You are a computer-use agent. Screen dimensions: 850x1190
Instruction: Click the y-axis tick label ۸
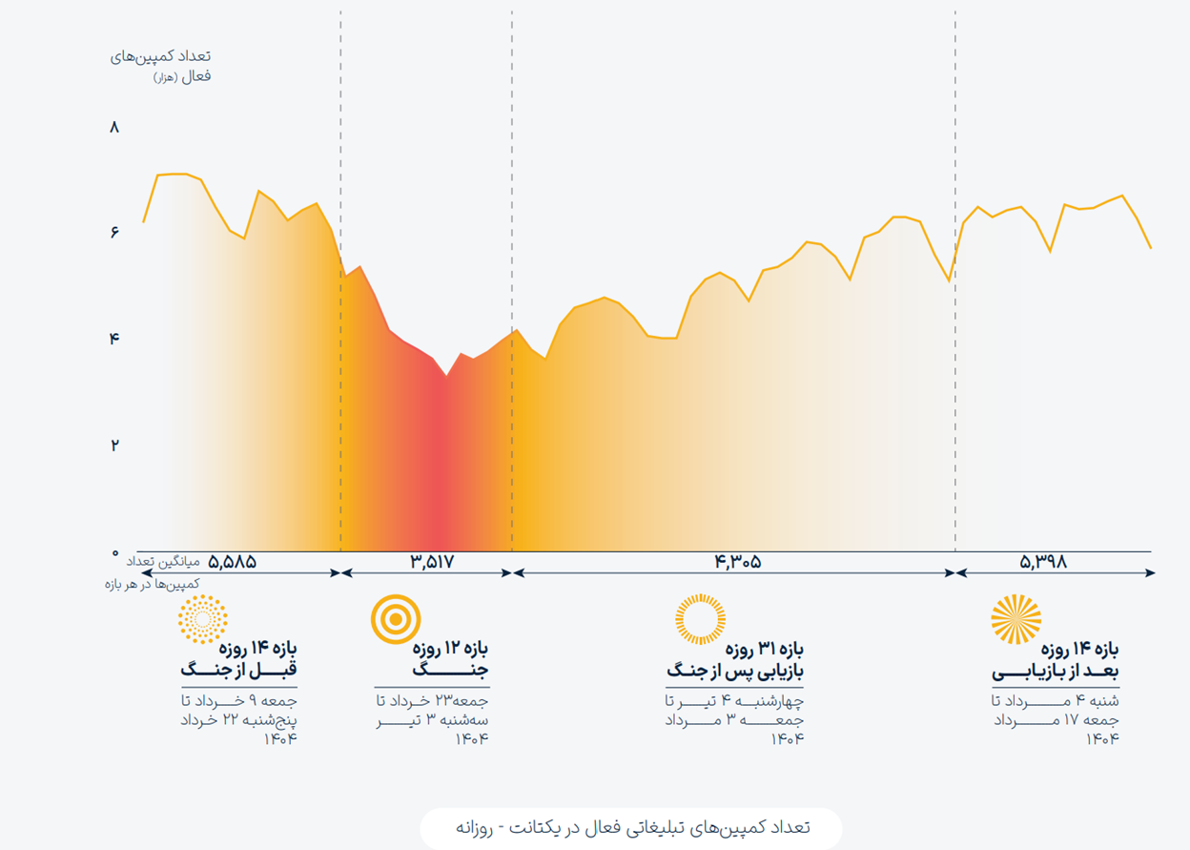tap(115, 128)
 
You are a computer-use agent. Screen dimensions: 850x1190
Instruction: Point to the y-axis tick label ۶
tap(115, 233)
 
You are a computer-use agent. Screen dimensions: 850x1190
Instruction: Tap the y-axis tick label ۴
tap(115, 339)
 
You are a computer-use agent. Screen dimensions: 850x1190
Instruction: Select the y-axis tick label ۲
tap(115, 445)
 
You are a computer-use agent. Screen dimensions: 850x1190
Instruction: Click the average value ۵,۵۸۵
tap(232, 562)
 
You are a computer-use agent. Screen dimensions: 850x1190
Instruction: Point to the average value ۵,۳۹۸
tap(1042, 562)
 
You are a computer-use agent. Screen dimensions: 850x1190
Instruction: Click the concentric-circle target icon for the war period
tap(396, 619)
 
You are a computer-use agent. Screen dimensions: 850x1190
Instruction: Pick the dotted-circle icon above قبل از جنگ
tap(202, 619)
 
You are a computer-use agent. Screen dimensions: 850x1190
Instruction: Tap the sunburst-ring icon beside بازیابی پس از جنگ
tap(700, 618)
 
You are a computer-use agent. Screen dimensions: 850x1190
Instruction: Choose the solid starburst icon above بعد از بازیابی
tap(1016, 619)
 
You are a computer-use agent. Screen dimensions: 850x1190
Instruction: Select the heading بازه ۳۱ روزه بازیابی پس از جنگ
tap(735, 659)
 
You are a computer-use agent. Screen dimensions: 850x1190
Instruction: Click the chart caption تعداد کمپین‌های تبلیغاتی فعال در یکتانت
tap(631, 827)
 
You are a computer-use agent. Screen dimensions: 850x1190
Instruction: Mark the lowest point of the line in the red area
tap(445, 375)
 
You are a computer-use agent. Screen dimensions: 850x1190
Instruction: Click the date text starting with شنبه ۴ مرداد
tap(1054, 719)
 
